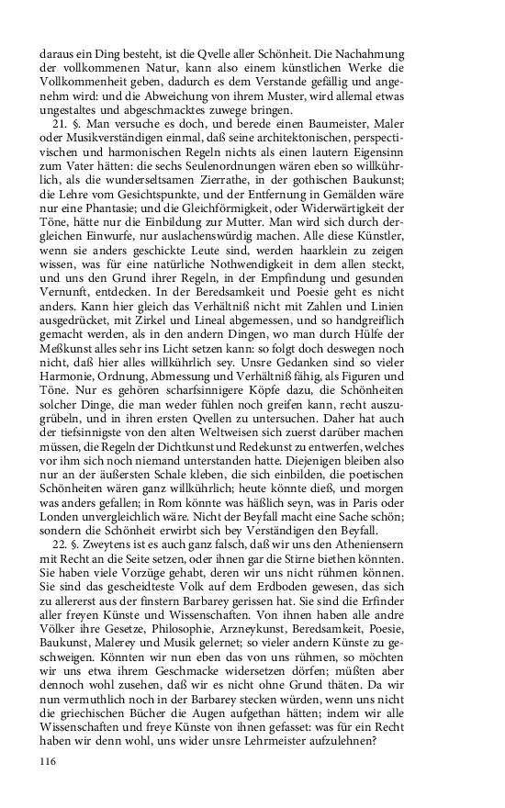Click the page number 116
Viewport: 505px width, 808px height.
tap(49, 759)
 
